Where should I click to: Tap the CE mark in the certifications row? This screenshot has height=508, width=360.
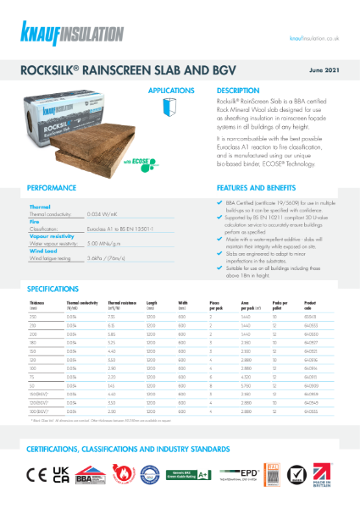(39, 469)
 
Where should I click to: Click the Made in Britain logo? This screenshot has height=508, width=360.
(330, 469)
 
